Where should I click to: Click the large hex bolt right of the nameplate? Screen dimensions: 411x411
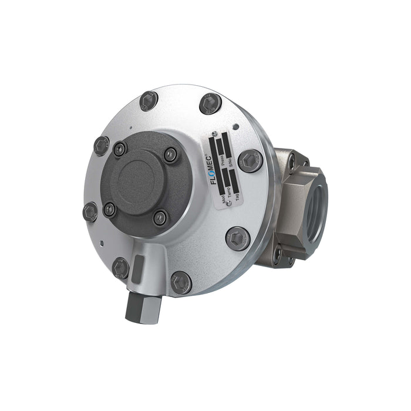(251, 160)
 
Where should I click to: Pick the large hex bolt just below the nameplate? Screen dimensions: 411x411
(238, 238)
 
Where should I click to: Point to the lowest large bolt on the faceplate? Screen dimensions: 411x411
(181, 282)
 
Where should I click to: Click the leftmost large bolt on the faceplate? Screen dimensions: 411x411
(90, 211)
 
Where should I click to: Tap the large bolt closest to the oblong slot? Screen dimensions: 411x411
(121, 268)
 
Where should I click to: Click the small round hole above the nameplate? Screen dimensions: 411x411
(235, 126)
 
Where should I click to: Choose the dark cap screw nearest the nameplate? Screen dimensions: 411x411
(170, 155)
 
